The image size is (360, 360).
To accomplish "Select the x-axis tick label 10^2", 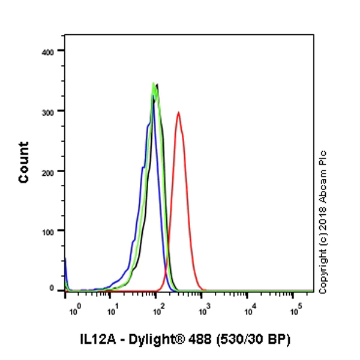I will [159, 309].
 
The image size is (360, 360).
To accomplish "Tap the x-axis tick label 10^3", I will [205, 309].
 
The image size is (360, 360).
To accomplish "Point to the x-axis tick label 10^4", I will [251, 309].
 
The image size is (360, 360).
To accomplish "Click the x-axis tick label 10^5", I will [296, 309].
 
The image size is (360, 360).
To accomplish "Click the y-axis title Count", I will [24, 163].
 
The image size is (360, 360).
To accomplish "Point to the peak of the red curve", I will [178, 112].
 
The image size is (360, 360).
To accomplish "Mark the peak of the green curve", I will [154, 83].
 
